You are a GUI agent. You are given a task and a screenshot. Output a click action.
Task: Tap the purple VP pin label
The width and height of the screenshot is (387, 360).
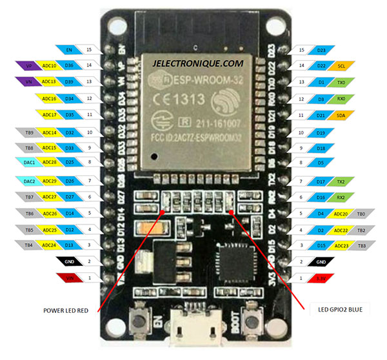tap(28, 65)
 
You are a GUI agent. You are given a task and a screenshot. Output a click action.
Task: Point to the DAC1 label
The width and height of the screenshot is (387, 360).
tap(28, 164)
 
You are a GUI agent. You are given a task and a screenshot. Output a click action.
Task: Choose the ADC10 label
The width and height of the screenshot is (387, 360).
tap(49, 65)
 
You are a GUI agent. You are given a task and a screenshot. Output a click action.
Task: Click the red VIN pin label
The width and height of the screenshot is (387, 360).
tap(69, 278)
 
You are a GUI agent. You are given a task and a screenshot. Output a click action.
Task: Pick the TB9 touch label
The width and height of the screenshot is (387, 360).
tap(28, 132)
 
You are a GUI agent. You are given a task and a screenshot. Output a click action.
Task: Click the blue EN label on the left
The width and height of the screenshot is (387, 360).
tap(69, 48)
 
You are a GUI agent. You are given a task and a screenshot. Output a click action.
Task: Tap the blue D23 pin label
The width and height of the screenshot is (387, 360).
tap(321, 48)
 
